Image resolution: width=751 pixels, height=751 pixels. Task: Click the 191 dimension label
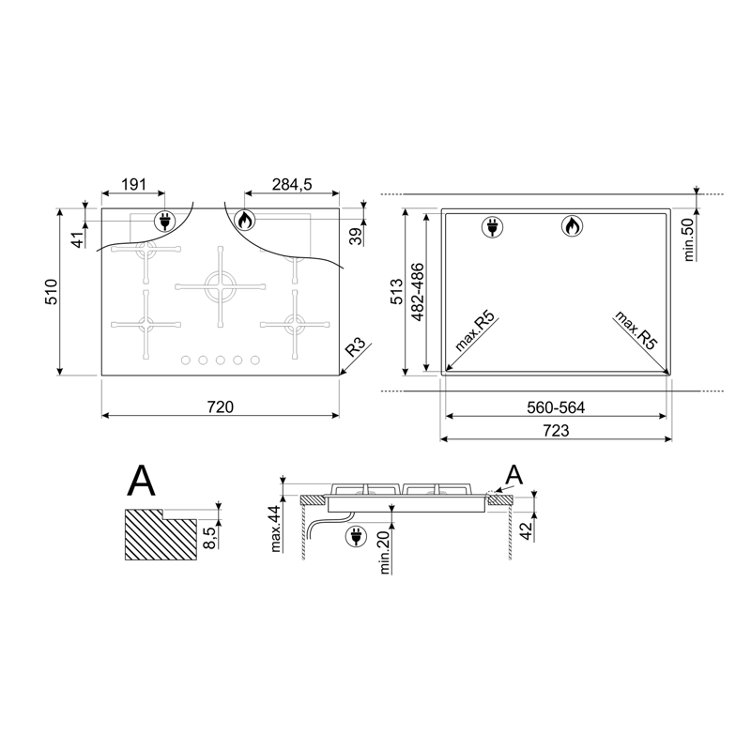tap(133, 184)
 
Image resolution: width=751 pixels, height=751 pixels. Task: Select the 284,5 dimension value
tap(292, 184)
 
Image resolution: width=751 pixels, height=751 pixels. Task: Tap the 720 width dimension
tap(221, 407)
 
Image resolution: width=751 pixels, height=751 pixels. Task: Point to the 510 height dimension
tap(52, 292)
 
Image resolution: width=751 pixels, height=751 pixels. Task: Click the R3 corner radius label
tap(356, 346)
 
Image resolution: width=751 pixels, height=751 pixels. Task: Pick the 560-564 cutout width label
tap(556, 407)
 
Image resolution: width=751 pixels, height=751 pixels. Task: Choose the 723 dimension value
tap(556, 431)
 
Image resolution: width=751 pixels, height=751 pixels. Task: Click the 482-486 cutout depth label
tap(418, 292)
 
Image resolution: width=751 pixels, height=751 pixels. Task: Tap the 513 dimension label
tap(397, 292)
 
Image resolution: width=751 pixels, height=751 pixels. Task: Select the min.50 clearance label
tap(688, 239)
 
